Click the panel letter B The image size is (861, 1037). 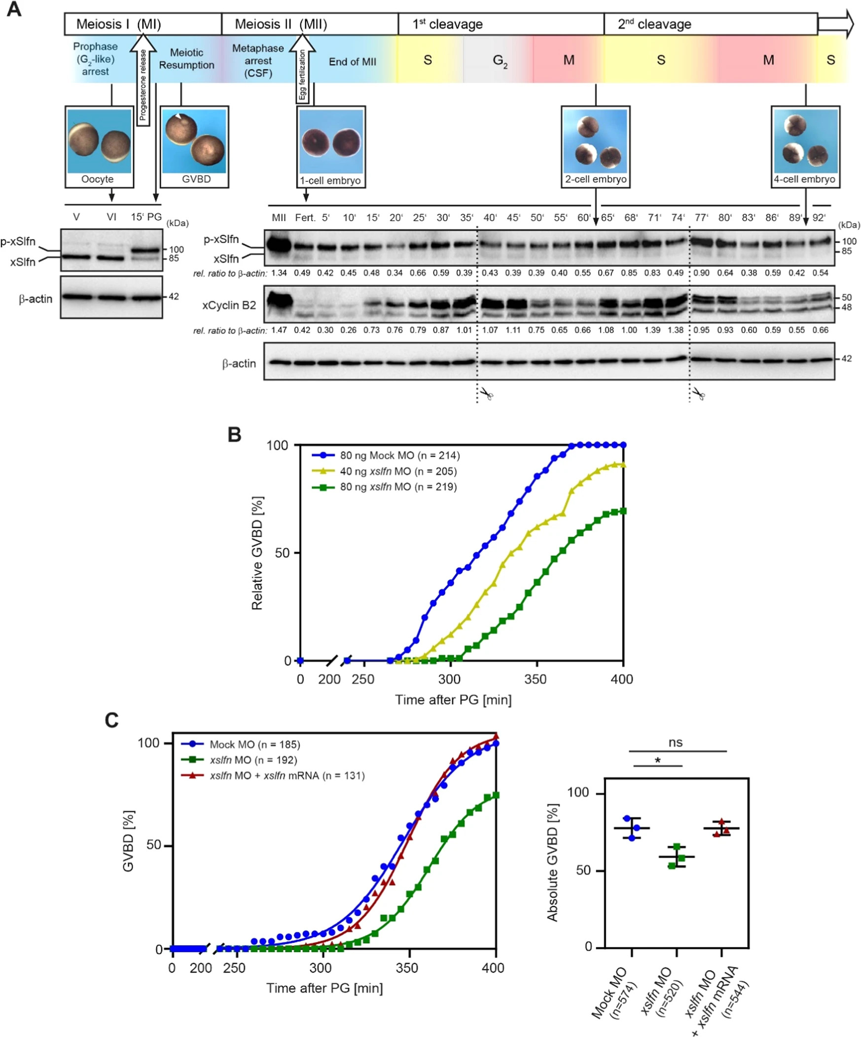point(234,435)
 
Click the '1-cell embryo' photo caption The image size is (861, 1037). point(330,181)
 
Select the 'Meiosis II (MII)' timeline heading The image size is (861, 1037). point(281,24)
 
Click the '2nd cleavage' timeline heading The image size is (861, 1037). point(654,24)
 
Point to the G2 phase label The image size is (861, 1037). point(500,61)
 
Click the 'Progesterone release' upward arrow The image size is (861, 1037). point(143,81)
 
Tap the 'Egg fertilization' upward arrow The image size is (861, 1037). point(302,71)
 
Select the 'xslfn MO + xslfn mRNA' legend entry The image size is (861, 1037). point(287,776)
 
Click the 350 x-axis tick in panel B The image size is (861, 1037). point(536,680)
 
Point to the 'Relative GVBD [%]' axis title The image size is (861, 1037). point(257,553)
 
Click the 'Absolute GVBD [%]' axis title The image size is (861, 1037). point(552,863)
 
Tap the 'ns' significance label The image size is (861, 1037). point(675,742)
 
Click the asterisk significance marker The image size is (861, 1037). point(657,761)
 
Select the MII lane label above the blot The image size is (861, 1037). point(279,218)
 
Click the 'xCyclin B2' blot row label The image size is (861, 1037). point(229,305)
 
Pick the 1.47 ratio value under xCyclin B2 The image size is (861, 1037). point(279,330)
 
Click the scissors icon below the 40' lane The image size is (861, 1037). point(487,395)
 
